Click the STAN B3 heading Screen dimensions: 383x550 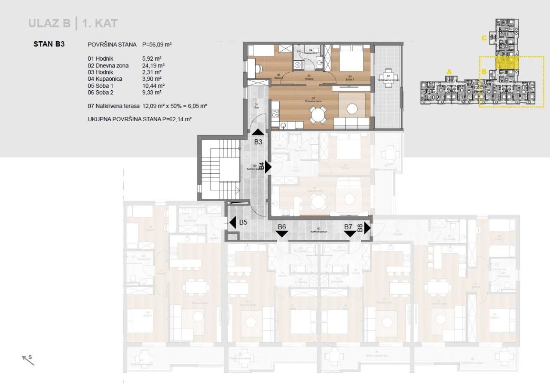(49, 44)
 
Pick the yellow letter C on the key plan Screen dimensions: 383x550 (484, 38)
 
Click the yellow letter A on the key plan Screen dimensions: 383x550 (449, 72)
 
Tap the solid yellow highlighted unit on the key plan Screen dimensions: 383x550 (507, 63)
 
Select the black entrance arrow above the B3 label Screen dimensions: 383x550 (258, 132)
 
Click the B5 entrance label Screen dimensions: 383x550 (243, 222)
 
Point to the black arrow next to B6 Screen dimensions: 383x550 (282, 233)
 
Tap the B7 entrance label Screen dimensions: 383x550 (348, 226)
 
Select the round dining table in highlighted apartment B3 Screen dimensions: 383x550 (317, 115)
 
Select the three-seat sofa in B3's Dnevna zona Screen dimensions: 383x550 (351, 124)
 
